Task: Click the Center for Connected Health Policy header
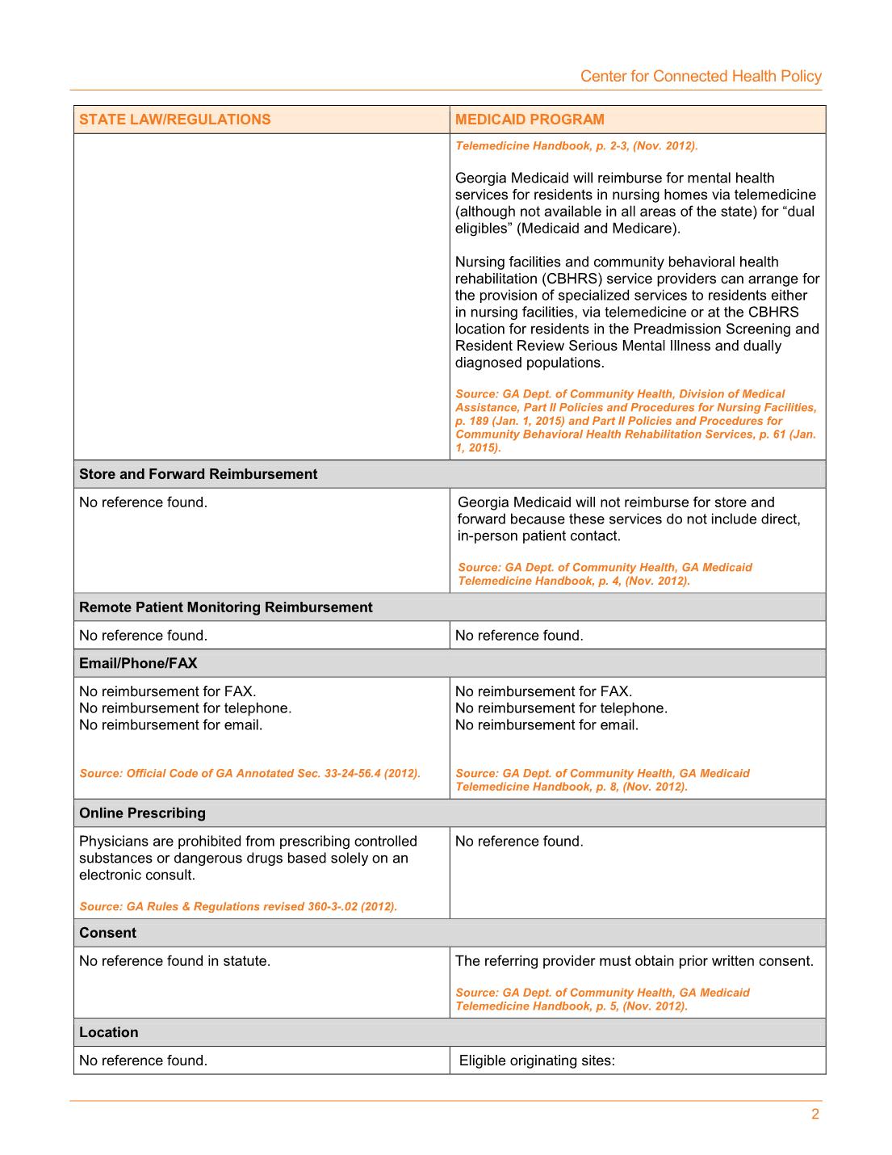[701, 77]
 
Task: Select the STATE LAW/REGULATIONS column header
[175, 120]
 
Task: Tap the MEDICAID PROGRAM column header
[530, 120]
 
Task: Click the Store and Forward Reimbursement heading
[198, 474]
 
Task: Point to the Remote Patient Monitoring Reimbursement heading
[225, 607]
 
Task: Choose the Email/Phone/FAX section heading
[138, 663]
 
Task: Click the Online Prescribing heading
[142, 813]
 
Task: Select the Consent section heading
[107, 933]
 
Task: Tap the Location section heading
[108, 1032]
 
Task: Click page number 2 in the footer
[815, 1115]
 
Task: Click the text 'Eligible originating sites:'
[537, 1060]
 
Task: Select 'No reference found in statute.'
[174, 961]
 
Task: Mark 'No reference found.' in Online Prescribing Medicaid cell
[518, 842]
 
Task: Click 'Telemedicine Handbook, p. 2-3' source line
[576, 146]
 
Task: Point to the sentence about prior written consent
[634, 961]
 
